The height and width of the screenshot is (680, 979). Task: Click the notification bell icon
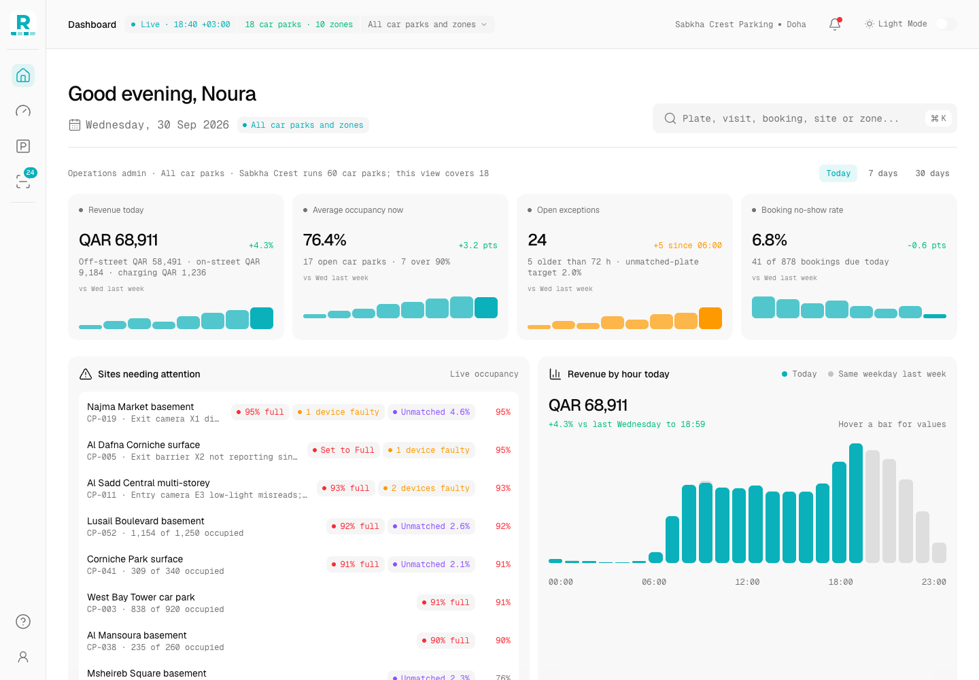coord(835,24)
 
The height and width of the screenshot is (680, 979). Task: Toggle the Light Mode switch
coord(946,24)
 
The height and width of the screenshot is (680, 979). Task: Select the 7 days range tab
coord(883,173)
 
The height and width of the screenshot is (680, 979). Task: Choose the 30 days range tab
coord(932,173)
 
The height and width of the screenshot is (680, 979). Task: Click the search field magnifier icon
coord(670,118)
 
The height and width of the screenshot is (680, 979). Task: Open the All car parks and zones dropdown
coord(428,24)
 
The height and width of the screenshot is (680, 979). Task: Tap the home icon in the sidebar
coord(23,75)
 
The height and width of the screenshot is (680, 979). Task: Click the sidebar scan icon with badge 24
coord(23,181)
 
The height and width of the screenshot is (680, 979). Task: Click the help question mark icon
coord(23,622)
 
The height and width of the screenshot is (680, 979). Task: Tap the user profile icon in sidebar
coord(23,657)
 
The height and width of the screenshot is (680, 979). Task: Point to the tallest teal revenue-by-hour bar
coord(856,503)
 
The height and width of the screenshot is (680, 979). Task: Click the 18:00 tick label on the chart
coord(840,582)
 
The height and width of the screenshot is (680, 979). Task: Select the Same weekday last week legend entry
coord(887,374)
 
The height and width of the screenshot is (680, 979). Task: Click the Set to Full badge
coord(343,450)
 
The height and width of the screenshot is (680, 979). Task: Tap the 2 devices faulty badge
coord(426,488)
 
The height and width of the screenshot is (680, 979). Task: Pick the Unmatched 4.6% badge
coord(431,412)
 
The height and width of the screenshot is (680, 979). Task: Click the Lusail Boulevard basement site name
coord(145,521)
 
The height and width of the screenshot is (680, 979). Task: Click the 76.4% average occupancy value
coord(325,240)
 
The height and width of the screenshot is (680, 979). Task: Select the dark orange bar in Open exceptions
coord(710,318)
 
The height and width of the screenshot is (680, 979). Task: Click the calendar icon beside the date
coord(75,125)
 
